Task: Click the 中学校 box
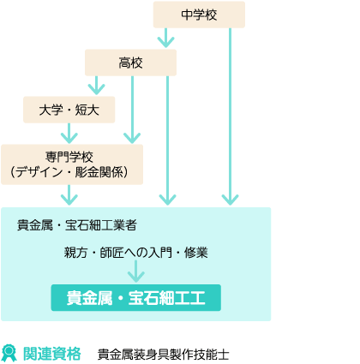(199, 15)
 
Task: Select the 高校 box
(130, 63)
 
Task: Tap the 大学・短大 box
(69, 110)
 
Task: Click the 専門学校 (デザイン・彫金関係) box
(72, 164)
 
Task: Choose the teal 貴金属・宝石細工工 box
(136, 298)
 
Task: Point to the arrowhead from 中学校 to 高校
(165, 42)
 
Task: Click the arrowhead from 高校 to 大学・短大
(97, 89)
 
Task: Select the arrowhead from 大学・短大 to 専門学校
(69, 138)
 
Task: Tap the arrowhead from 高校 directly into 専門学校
(132, 138)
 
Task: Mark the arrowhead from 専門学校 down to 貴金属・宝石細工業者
(69, 200)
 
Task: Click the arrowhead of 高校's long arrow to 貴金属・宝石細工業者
(167, 200)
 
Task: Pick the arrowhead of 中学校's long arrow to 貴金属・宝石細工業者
(230, 200)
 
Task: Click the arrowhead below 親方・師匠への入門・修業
(136, 277)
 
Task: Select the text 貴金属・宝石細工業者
(77, 225)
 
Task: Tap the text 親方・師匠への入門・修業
(136, 253)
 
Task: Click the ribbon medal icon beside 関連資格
(9, 353)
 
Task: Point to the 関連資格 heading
(52, 354)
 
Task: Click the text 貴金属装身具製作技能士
(164, 355)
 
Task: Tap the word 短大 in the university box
(87, 110)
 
